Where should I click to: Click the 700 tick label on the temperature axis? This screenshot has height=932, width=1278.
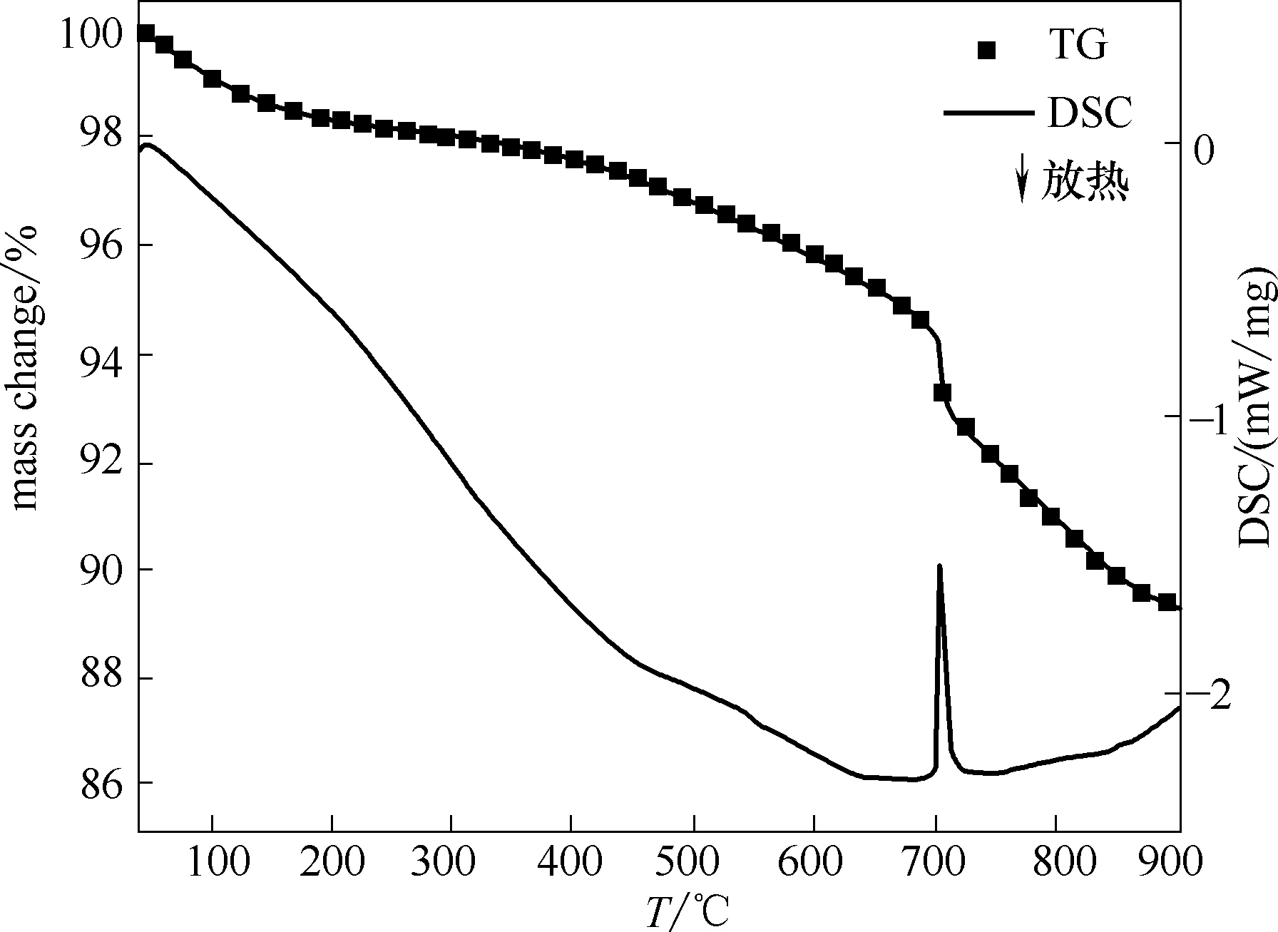(x=936, y=862)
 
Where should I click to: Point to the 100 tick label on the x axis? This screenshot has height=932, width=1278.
(x=212, y=862)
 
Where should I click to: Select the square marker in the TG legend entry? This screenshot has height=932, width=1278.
(x=987, y=50)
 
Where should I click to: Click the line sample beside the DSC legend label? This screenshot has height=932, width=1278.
(x=988, y=113)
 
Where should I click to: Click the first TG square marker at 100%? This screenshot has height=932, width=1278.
(x=145, y=33)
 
